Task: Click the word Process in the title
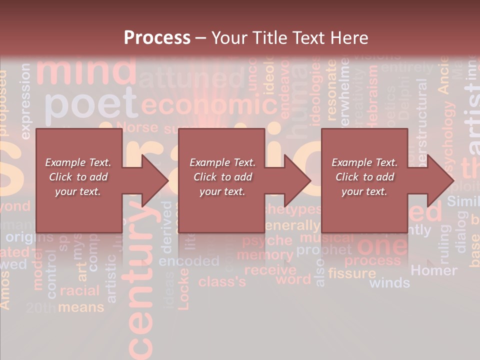coord(157,37)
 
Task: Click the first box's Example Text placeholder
coord(78,177)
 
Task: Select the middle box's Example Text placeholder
coord(222,177)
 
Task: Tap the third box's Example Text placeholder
coord(364,177)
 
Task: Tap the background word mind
coord(86,71)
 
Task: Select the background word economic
coord(209,105)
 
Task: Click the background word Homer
coord(433,270)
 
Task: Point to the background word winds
coord(389,283)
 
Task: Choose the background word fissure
coord(352,273)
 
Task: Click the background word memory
coord(265,254)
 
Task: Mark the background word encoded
coord(189,261)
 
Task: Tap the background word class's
coord(222,281)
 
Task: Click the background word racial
coord(80,290)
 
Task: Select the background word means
coord(81,307)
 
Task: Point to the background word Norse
coord(137,127)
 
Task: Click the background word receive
coord(270,270)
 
